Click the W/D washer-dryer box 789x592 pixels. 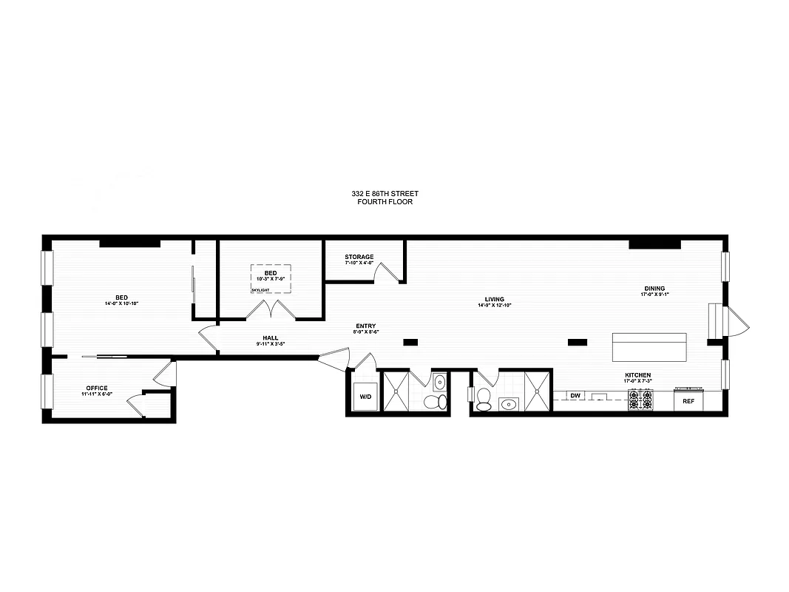pos(365,397)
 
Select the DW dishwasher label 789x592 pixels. pos(575,396)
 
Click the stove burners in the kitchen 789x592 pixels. pos(640,400)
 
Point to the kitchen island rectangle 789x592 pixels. pos(649,346)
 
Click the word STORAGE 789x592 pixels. pos(359,257)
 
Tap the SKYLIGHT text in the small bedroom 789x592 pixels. pos(260,291)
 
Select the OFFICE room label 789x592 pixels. pos(96,388)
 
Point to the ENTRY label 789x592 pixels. pos(365,326)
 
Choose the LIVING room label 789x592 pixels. pos(494,299)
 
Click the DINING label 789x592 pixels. pos(654,289)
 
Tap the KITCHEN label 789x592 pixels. pos(637,375)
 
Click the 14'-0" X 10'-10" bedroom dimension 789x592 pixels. pos(121,303)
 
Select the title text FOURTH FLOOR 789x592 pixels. pos(385,201)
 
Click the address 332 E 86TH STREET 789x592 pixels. pos(385,193)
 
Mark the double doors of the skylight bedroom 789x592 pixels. pos(271,310)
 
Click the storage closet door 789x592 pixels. pos(386,273)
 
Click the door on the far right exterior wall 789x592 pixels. pos(738,322)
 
